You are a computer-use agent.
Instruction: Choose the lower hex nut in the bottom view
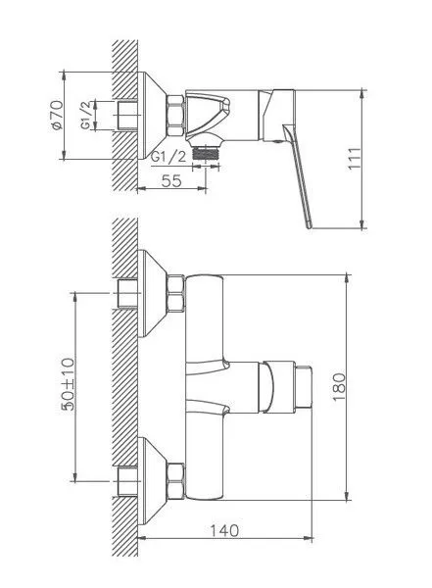click(176, 479)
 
